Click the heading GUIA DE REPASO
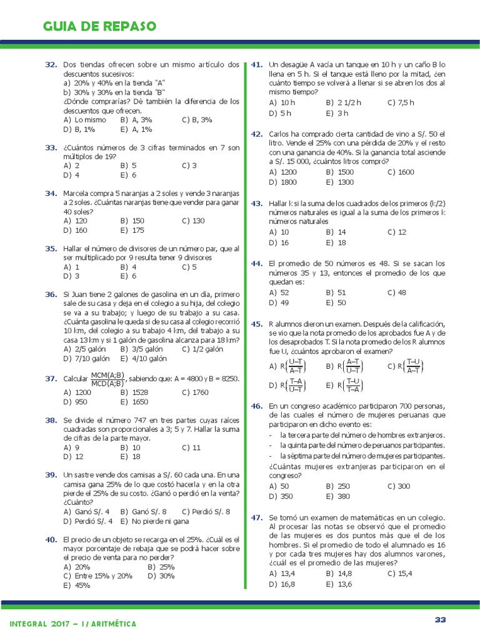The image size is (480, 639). [x=99, y=26]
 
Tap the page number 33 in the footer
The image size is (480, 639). [x=441, y=619]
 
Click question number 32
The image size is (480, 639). [x=51, y=64]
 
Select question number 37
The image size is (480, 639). [x=51, y=379]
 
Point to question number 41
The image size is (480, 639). [x=256, y=64]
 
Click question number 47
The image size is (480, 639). [x=256, y=518]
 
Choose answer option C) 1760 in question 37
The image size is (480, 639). [x=197, y=393]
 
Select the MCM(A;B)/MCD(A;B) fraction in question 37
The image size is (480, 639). [x=107, y=379]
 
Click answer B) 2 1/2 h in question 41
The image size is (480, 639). [x=343, y=102]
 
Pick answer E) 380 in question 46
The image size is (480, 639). [x=337, y=497]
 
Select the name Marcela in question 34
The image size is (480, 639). [x=77, y=193]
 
